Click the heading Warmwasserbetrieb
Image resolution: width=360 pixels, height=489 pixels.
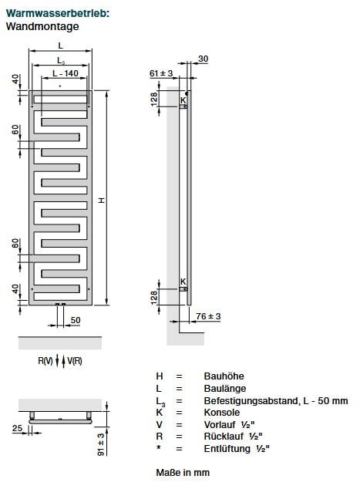pos(57,13)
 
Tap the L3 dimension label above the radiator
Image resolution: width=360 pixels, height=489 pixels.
pos(60,60)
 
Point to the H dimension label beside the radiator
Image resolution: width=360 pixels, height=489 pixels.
pos(100,201)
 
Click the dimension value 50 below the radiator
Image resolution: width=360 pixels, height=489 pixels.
pos(76,319)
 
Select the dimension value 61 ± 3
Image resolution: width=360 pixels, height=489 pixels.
pos(161,73)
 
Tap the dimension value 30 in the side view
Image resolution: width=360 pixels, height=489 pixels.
pos(203,59)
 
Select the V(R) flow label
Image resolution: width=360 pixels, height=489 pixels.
pos(75,361)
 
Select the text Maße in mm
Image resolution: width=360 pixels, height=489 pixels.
pos(183,472)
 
